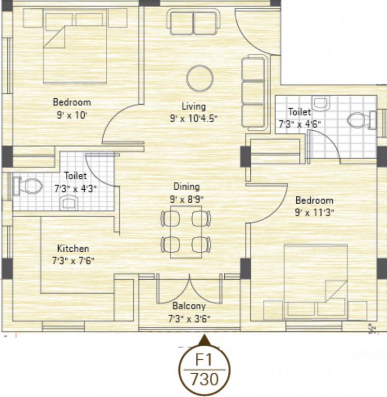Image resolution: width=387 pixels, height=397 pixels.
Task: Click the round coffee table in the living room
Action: click(199, 79)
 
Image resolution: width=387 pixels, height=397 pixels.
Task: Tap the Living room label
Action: click(193, 106)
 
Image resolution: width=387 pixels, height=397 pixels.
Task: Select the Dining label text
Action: click(186, 187)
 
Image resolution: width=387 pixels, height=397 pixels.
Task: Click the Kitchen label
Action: click(73, 249)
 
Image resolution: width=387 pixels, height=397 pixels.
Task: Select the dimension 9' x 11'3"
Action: click(314, 212)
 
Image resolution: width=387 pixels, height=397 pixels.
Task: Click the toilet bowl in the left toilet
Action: click(30, 185)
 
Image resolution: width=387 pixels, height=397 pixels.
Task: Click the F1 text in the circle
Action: click(204, 360)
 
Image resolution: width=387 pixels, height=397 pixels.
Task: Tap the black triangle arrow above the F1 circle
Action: click(204, 340)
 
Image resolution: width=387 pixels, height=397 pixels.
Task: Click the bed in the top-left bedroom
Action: click(74, 52)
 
